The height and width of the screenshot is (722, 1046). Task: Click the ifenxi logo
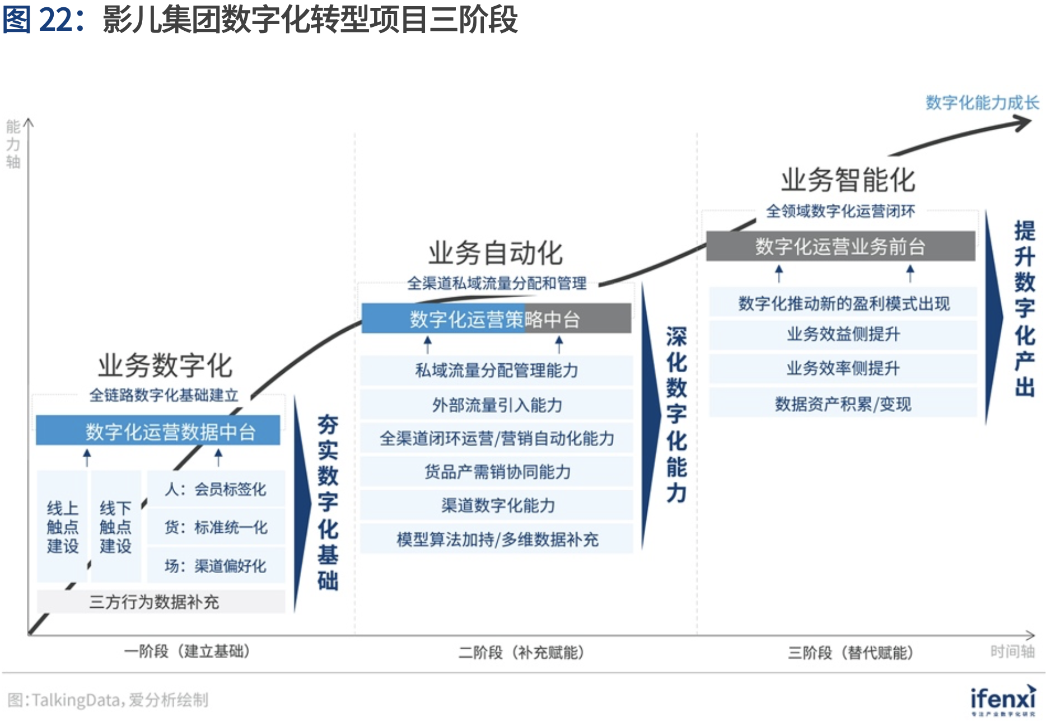(x=1003, y=700)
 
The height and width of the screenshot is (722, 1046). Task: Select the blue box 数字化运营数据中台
(x=158, y=431)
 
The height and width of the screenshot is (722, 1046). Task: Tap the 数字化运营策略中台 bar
(x=496, y=319)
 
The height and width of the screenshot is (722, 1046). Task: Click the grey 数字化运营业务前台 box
(x=840, y=246)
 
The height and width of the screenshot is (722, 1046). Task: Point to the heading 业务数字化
(x=165, y=365)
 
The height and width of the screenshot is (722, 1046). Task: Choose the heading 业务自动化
(x=496, y=253)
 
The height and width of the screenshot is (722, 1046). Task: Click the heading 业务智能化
(x=848, y=180)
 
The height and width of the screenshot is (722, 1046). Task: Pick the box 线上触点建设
(x=62, y=527)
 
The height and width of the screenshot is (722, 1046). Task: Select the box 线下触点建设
(x=115, y=527)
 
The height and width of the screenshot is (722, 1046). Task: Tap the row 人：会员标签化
(x=216, y=489)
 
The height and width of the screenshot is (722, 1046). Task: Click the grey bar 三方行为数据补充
(x=160, y=602)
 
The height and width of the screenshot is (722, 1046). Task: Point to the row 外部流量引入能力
(x=497, y=405)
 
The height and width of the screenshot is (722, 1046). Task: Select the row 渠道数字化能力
(x=497, y=505)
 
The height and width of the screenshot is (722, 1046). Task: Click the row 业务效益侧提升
(x=843, y=334)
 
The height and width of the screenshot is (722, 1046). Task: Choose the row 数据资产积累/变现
(x=843, y=404)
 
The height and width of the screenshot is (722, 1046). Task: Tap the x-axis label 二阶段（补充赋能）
(x=521, y=653)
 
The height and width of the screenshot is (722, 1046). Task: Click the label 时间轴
(x=1012, y=651)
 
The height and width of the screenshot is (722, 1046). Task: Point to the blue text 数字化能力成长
(x=982, y=102)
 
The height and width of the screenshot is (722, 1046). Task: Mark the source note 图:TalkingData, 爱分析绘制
(x=108, y=700)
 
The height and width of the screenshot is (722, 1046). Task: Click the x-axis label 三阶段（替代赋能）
(x=851, y=653)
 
